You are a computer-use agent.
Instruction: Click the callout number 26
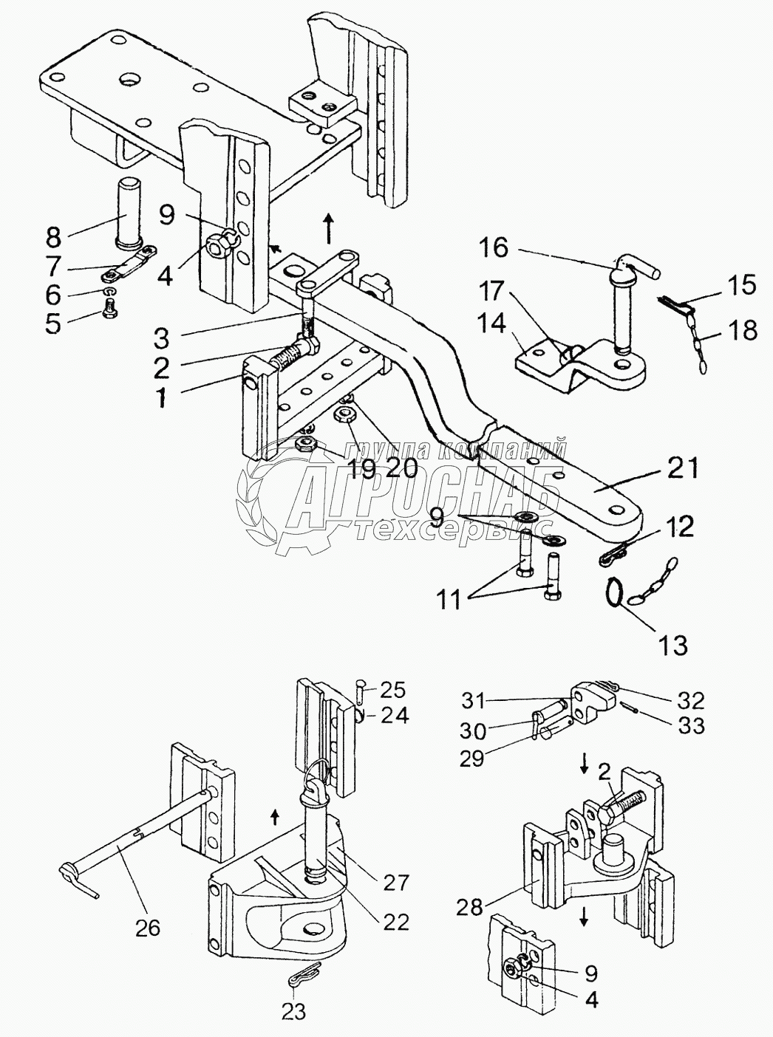point(149,927)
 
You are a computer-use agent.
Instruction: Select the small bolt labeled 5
point(109,316)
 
